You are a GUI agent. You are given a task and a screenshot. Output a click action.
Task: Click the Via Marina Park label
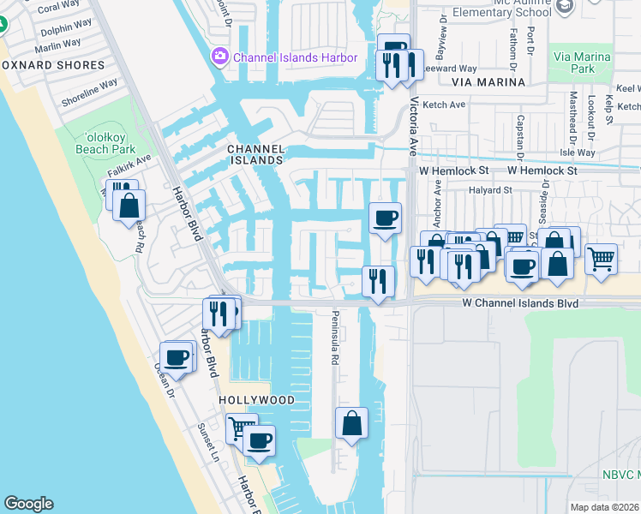pyautogui.click(x=573, y=63)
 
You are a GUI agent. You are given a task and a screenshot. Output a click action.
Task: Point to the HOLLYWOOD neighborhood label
pyautogui.click(x=256, y=400)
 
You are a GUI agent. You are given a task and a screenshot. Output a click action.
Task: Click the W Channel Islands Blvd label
pyautogui.click(x=520, y=303)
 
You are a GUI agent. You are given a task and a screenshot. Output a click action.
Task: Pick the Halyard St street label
pyautogui.click(x=489, y=190)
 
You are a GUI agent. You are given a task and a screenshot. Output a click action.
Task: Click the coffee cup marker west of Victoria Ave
pyautogui.click(x=385, y=218)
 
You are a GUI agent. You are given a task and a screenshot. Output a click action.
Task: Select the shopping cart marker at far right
pyautogui.click(x=602, y=257)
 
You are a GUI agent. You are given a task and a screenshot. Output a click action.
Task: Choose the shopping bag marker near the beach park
pyautogui.click(x=129, y=206)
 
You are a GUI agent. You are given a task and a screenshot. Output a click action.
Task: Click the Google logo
pyautogui.click(x=28, y=504)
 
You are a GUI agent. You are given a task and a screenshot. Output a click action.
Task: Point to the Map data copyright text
pyautogui.click(x=605, y=507)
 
